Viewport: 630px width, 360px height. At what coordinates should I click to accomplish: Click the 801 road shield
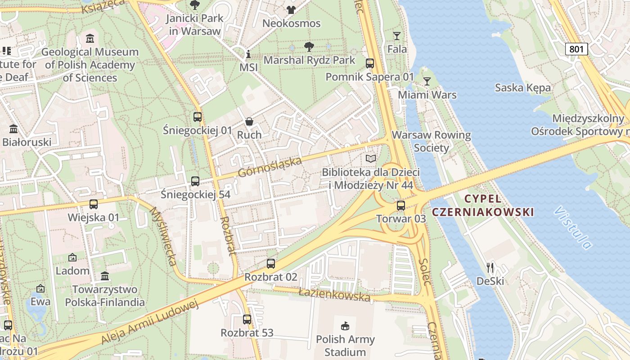(576, 49)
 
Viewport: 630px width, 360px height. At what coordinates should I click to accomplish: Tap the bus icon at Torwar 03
(400, 206)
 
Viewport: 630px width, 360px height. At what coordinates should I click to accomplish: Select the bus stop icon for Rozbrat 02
(270, 264)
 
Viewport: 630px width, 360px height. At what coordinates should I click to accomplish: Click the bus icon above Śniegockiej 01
(197, 117)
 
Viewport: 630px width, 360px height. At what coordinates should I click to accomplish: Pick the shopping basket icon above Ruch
(249, 121)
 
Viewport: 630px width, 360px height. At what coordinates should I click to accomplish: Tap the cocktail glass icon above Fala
(396, 36)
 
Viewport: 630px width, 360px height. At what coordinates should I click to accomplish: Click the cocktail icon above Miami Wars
(427, 81)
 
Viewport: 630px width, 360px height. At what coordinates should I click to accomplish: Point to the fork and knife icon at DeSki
(490, 268)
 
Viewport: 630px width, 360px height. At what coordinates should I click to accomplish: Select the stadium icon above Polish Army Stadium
(345, 325)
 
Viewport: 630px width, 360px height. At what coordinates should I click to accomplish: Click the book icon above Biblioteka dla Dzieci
(370, 158)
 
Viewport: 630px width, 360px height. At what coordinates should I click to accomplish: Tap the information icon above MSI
(248, 54)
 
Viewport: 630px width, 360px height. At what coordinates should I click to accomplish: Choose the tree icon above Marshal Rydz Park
(309, 46)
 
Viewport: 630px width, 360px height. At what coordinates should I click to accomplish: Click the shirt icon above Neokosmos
(291, 9)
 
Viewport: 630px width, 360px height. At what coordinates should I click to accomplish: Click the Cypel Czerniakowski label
(482, 205)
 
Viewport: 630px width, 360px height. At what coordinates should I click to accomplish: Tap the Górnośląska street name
(270, 167)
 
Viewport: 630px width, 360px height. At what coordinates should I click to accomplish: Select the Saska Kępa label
(522, 88)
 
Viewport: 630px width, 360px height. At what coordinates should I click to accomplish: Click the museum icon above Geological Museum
(90, 39)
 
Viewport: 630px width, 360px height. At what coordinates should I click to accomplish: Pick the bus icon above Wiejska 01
(93, 204)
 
